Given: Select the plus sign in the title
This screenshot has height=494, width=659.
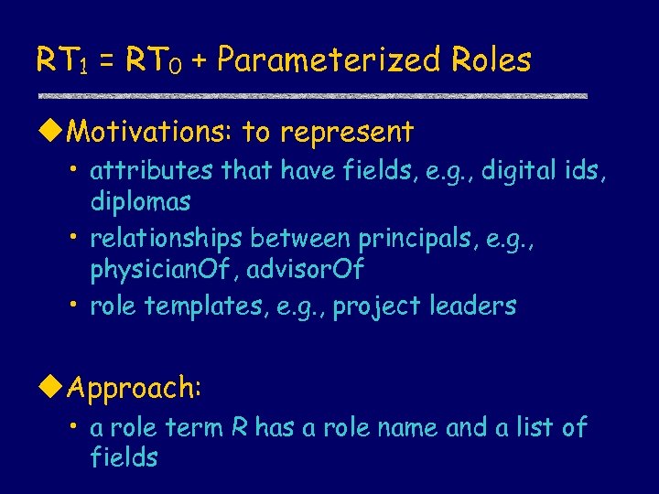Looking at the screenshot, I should click(199, 61).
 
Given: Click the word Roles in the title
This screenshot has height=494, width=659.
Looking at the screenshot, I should click(491, 60).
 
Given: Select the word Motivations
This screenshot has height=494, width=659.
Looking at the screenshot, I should click(150, 133).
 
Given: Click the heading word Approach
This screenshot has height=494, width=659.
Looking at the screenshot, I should click(134, 390).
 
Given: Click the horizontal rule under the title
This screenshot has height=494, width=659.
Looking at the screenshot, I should click(311, 95).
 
